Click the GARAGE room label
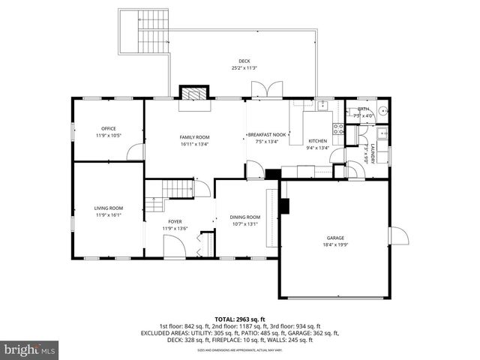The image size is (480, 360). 335,238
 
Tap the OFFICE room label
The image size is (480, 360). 108,128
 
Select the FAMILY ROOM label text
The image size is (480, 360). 193,137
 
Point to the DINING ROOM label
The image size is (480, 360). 244,217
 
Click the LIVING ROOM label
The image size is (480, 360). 108,208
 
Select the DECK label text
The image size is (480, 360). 244,61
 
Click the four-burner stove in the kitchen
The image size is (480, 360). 338,129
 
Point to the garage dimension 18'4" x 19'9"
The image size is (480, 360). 335,244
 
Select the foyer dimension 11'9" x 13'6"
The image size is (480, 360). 175,229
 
